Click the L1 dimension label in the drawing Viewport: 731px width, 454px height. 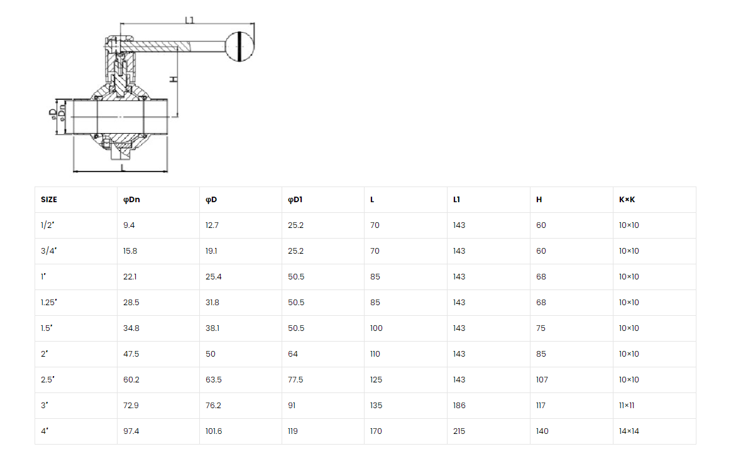189,20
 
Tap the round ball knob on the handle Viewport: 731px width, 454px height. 239,46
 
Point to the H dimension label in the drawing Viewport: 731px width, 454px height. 173,79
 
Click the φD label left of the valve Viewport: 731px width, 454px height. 53,114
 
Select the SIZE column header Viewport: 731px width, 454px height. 49,200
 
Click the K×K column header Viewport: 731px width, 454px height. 627,200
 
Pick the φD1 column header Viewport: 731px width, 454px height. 295,200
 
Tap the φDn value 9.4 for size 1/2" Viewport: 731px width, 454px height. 129,225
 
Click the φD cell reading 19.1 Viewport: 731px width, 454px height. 211,251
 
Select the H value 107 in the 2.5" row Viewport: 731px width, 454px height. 542,380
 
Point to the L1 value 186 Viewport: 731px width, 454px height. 459,406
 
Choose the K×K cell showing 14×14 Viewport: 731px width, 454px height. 629,431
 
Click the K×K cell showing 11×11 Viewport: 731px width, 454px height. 627,406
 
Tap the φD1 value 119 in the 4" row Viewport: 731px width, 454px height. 293,431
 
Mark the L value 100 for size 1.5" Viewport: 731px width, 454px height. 376,328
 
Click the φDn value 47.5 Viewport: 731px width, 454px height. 131,354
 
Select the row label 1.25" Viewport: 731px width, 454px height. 48,303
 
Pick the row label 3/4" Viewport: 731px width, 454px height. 48,251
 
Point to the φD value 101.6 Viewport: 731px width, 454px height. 214,431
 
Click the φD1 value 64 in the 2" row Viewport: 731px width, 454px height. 293,354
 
